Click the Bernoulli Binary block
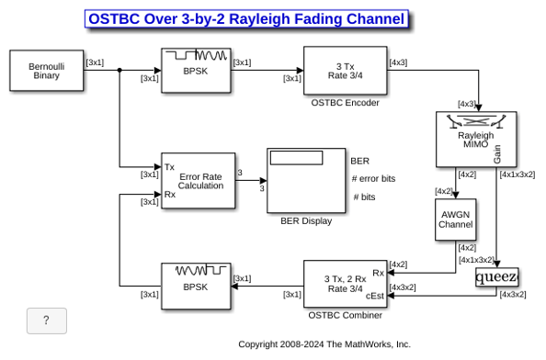coord(47,71)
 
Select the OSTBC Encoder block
coord(345,71)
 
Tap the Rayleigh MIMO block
coord(476,139)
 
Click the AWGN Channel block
coord(456,219)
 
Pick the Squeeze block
coord(497,276)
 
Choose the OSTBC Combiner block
coord(345,284)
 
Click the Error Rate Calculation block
coord(199,181)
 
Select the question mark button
coord(47,321)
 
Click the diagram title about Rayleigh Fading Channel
coord(246,18)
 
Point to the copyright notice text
coord(324,344)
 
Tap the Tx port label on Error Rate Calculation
coord(169,167)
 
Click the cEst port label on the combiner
coord(375,296)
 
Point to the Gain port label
coord(497,154)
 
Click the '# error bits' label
coord(373,179)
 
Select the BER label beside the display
coord(359,161)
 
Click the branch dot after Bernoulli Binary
coord(119,71)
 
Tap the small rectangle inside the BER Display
coord(296,158)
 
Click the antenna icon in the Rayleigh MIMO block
coord(476,121)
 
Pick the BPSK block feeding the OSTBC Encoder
coord(196,71)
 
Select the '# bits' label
coord(364,197)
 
